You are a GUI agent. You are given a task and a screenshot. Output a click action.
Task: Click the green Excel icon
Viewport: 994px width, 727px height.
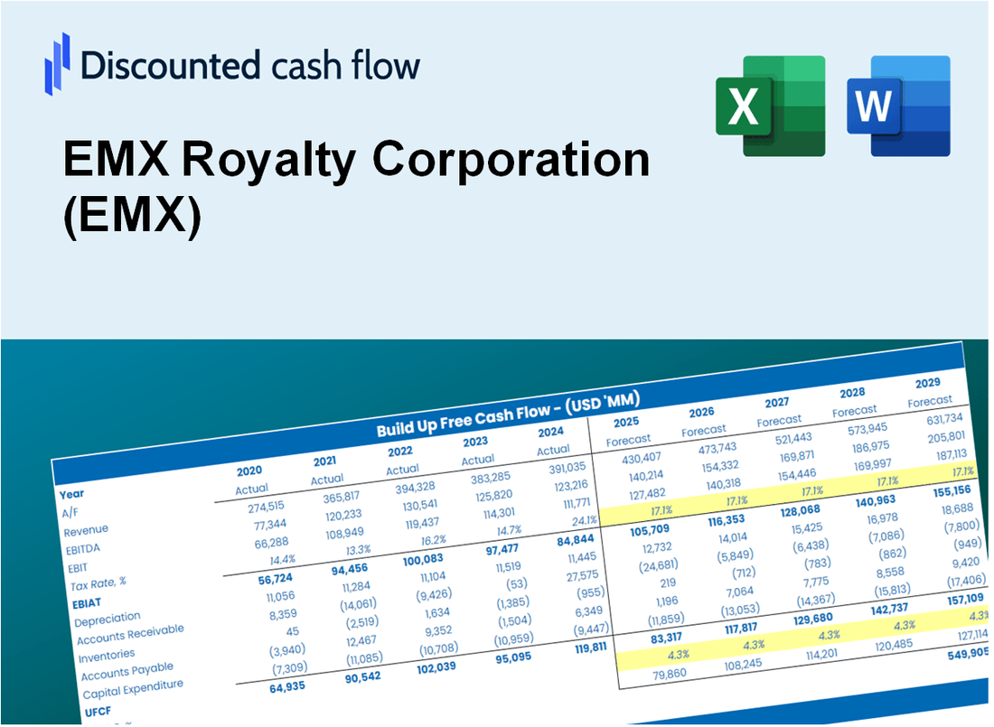pos(770,105)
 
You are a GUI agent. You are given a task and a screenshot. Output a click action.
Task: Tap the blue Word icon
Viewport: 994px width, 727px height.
pos(898,105)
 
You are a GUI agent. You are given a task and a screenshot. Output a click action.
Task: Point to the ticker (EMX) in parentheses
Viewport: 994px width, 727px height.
pos(132,219)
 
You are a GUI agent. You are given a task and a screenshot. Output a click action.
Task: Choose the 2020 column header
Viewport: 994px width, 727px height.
pos(249,471)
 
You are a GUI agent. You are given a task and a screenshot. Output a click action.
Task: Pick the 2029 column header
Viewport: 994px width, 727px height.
pos(927,383)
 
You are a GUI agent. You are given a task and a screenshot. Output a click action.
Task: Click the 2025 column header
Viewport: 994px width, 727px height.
pos(626,422)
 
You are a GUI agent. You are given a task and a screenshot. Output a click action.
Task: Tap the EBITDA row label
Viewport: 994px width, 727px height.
pos(82,548)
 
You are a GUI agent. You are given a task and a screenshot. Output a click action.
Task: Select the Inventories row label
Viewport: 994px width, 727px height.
pos(107,653)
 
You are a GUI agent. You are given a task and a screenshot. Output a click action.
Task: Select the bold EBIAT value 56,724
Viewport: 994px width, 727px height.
pos(254,601)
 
